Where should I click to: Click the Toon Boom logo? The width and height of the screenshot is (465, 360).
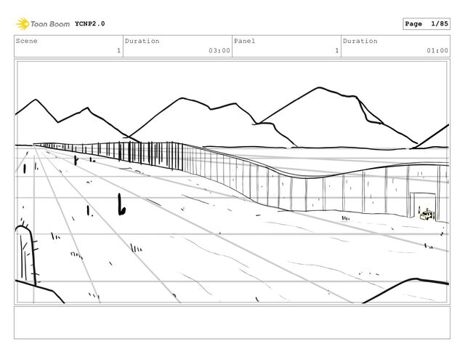point(44,23)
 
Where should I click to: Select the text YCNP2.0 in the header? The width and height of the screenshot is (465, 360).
point(89,23)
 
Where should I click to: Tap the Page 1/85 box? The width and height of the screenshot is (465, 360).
point(426,24)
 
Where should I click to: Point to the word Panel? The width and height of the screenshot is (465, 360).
point(244,41)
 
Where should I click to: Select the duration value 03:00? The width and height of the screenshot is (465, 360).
point(219,51)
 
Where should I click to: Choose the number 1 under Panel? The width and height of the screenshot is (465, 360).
point(336,51)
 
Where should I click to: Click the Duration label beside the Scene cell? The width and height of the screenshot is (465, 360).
point(142,41)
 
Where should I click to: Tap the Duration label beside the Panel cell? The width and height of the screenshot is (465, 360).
point(360,41)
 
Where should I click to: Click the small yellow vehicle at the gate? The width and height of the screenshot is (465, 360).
point(428,215)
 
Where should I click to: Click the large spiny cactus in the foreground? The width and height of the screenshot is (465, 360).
point(25,255)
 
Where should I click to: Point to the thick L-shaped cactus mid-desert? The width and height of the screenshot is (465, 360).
point(121,205)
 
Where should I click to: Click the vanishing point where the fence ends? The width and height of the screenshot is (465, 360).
point(35,144)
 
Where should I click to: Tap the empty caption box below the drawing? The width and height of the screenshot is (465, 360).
point(232,321)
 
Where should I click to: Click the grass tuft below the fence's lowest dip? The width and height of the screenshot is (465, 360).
point(345,217)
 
